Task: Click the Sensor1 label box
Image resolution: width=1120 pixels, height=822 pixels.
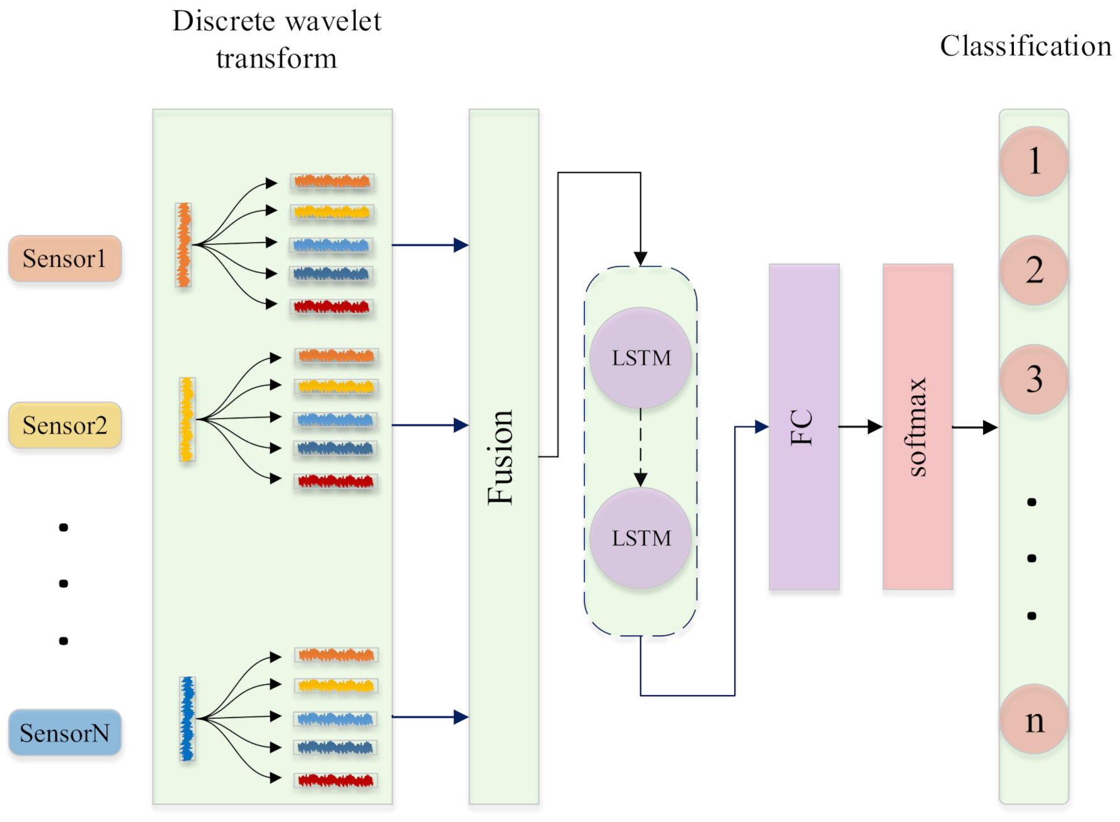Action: (x=65, y=259)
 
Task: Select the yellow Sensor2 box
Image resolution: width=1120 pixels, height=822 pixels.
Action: (x=65, y=425)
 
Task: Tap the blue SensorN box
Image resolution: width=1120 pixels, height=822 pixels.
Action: (x=65, y=733)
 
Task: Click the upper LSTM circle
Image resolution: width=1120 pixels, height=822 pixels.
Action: (x=641, y=358)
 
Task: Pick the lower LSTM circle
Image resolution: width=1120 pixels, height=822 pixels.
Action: (x=641, y=538)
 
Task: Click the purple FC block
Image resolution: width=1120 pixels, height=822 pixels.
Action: (x=803, y=427)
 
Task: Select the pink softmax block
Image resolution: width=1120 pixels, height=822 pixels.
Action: (x=918, y=427)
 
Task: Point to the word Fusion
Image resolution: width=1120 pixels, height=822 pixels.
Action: (x=501, y=457)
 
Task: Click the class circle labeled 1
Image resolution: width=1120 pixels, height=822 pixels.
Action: (x=1034, y=161)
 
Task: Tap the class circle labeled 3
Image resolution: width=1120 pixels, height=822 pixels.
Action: (x=1034, y=379)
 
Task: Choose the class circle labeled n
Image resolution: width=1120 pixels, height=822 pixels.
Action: (x=1034, y=720)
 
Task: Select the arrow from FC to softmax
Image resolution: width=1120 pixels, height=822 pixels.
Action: (x=860, y=427)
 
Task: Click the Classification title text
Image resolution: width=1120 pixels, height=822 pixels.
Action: (x=1025, y=46)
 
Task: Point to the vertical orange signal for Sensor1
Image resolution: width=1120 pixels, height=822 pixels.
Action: (x=183, y=245)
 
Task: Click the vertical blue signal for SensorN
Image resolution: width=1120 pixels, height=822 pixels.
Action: (x=187, y=718)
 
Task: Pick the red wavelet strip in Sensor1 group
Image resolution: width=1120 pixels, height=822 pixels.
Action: (x=332, y=307)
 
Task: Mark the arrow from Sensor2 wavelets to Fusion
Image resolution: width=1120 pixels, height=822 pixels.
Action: (x=430, y=425)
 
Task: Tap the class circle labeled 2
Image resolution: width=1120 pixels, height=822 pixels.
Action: (x=1034, y=270)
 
